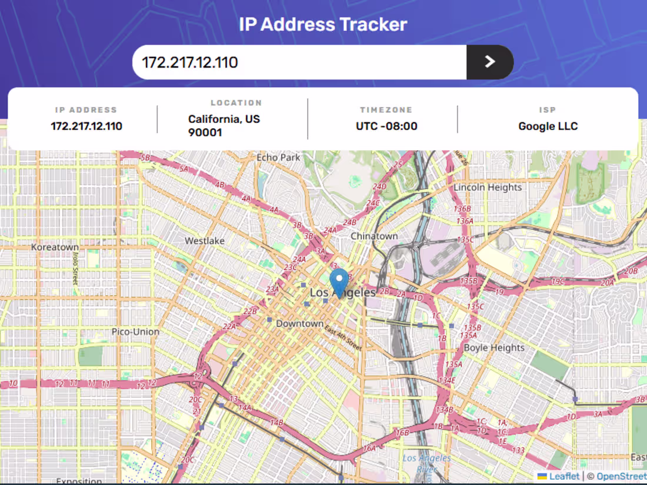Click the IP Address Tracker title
323,25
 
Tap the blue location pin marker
339,282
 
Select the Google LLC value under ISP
548,126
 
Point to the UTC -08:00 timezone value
386,126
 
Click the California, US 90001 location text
224,126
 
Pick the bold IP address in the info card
86,126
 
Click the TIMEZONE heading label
386,110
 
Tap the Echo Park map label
279,158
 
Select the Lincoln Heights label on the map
488,188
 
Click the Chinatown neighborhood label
374,236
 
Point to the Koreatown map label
55,247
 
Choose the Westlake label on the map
205,241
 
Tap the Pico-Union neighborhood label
135,332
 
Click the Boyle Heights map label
494,347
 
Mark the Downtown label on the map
299,323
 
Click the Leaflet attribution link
563,476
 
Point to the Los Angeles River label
427,463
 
